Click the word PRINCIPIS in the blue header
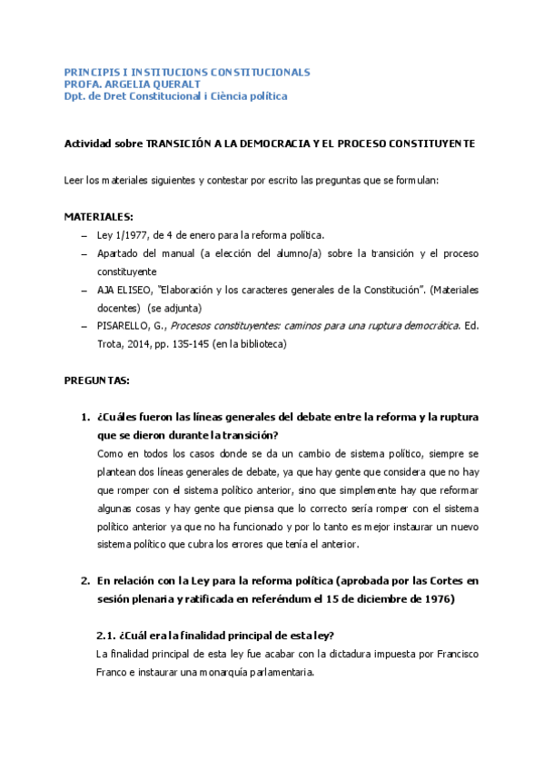[x=90, y=71]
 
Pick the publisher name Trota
[x=111, y=344]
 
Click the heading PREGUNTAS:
[x=96, y=380]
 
